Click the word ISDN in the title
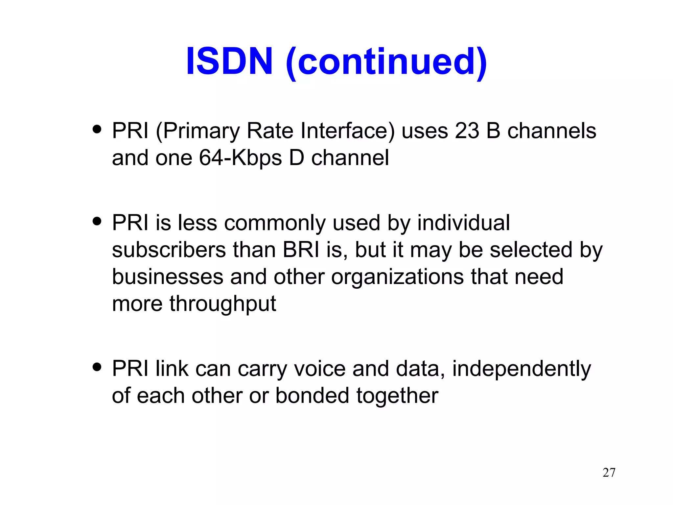(x=229, y=61)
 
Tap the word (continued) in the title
(x=386, y=62)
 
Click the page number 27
(x=609, y=472)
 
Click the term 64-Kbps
(x=240, y=158)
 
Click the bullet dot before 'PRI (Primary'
(x=97, y=129)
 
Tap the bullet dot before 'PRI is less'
(x=97, y=221)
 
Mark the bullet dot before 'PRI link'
(x=97, y=367)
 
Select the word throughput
(x=222, y=304)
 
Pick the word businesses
(x=168, y=277)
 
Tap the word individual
(x=463, y=223)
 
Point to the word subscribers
(x=169, y=250)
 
